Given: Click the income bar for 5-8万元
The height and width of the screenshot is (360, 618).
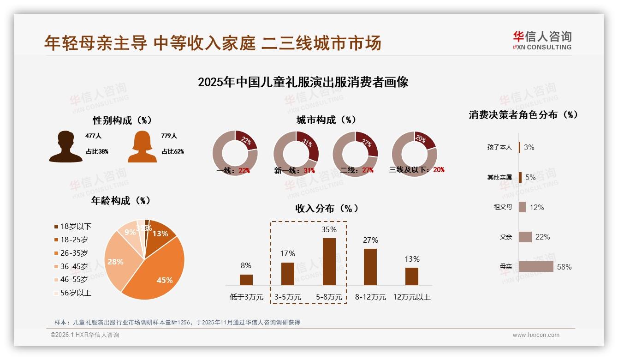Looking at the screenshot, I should [x=329, y=262].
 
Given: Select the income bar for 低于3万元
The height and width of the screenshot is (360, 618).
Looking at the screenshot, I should [x=246, y=280].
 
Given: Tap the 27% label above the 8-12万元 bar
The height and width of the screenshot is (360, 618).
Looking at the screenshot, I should [x=370, y=240].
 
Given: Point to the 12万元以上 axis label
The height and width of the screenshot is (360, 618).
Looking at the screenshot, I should [x=412, y=297].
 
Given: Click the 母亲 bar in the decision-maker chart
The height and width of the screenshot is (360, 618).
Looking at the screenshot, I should [x=536, y=267].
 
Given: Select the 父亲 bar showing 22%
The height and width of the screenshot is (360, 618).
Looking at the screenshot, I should [x=525, y=237].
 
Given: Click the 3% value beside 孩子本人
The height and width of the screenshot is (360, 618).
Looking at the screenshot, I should [x=529, y=148].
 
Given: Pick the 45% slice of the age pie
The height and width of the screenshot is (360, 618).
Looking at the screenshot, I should [x=157, y=272].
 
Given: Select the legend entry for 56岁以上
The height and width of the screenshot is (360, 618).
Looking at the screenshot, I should [x=73, y=293].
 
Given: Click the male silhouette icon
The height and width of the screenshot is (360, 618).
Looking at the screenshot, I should [x=65, y=146].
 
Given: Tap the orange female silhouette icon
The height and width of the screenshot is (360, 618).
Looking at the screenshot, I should [x=142, y=146].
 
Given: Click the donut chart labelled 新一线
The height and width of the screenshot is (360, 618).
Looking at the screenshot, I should [x=296, y=153].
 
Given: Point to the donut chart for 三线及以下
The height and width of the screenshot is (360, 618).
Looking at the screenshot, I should [x=414, y=153].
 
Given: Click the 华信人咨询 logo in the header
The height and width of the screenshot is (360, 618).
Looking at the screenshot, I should [x=542, y=40].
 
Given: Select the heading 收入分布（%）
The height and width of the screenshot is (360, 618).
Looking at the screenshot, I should [x=327, y=208].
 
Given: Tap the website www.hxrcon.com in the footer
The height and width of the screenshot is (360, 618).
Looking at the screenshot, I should [x=536, y=335].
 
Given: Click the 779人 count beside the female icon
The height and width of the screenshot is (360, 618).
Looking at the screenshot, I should [x=169, y=136].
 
